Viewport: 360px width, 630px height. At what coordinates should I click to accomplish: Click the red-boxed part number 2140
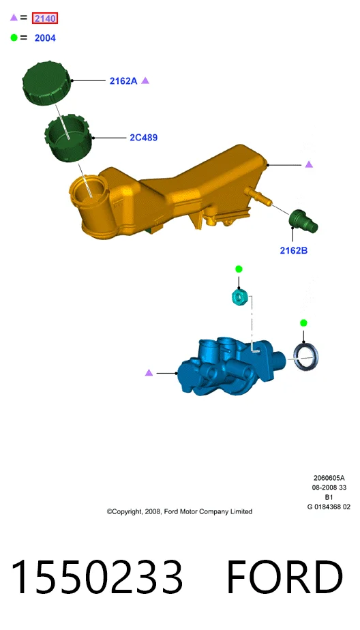pos(45,18)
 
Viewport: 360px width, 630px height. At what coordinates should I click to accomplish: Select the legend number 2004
pos(45,38)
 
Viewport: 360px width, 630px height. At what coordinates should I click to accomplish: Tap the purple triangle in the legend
pos(14,17)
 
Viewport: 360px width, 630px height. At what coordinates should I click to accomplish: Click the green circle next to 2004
pos(14,37)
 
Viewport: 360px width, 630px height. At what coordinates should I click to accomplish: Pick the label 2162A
pos(123,80)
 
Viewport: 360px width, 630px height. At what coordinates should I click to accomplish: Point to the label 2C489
pos(143,138)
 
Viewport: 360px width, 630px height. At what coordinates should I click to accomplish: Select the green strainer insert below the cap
pos(67,138)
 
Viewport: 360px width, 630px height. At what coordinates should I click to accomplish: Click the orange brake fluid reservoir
pos(169,193)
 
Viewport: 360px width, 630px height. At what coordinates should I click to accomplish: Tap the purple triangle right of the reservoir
pos(309,164)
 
